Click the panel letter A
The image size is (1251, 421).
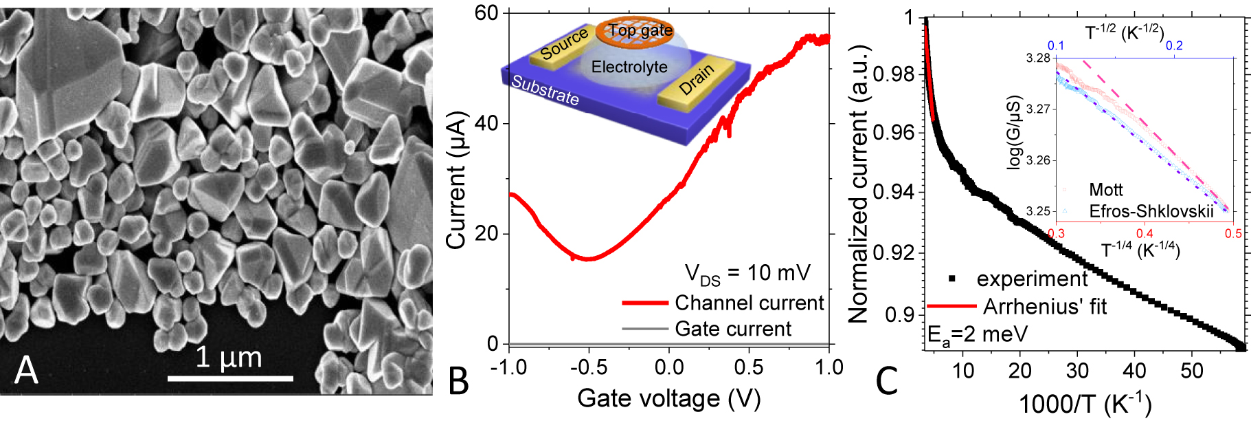tap(26, 370)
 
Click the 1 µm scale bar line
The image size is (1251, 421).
tap(230, 378)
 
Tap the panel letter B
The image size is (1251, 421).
tap(458, 381)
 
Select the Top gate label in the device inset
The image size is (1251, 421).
tap(640, 30)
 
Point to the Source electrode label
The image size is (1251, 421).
tap(564, 44)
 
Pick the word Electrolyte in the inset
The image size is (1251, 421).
tap(629, 67)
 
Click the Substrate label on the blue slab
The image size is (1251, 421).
tap(545, 90)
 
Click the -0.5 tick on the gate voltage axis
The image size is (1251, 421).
tap(588, 367)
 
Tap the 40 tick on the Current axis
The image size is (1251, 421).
tap(486, 124)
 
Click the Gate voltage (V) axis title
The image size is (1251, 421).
tap(668, 398)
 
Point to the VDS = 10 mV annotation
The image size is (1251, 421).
tap(747, 274)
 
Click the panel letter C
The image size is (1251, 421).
tap(887, 381)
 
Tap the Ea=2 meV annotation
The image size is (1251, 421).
tap(977, 335)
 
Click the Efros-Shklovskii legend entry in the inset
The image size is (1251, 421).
tap(1151, 210)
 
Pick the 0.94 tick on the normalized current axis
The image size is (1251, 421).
tap(893, 192)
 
